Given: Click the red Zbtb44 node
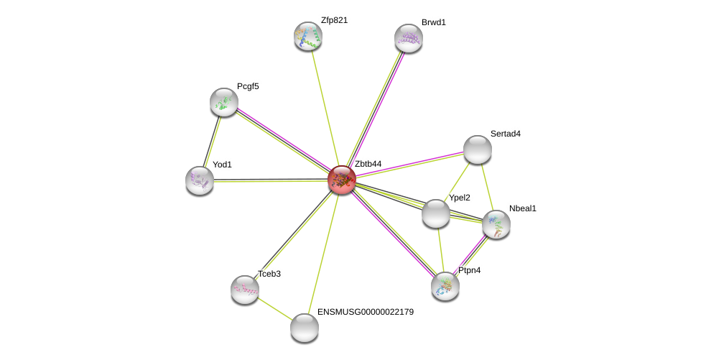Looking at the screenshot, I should pos(342,180).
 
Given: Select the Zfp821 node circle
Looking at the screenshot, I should pos(308,36).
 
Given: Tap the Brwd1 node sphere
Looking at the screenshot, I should pos(409,38).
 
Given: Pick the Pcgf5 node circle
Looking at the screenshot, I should pos(224,102).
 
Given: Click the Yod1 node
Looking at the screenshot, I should pos(200,180).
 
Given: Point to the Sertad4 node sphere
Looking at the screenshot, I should pos(478,149).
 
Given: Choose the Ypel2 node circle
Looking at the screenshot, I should pos(436,213).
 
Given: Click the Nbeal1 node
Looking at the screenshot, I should pos(496,224).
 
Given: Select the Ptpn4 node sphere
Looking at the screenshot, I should pos(445,286).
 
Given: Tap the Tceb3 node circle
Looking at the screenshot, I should pos(245,290).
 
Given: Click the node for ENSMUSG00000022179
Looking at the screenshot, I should pos(305,328).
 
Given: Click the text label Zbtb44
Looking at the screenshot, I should pos(368,164).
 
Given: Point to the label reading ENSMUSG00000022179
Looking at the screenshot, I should pos(366,312).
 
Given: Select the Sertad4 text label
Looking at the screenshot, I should pos(506,134).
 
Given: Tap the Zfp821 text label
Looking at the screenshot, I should pos(334,20).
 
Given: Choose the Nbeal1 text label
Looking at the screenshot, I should pos(523,208).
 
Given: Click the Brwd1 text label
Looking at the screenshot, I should pos(434,22).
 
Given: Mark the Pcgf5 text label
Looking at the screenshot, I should pos(248,86).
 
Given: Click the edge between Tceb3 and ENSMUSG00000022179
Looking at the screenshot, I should pos(274,308).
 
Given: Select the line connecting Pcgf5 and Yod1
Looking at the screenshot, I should pos(212,141).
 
